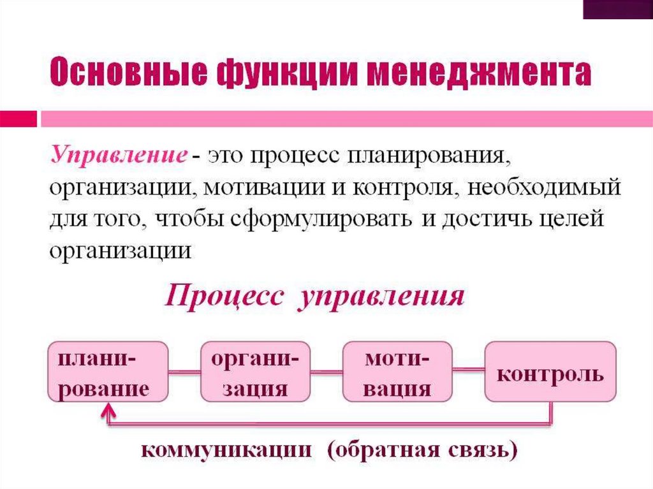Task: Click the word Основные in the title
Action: click(x=126, y=75)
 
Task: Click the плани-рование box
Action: click(x=108, y=372)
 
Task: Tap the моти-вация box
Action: click(x=397, y=372)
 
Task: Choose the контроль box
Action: click(x=550, y=372)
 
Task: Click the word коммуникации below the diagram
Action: click(x=226, y=450)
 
